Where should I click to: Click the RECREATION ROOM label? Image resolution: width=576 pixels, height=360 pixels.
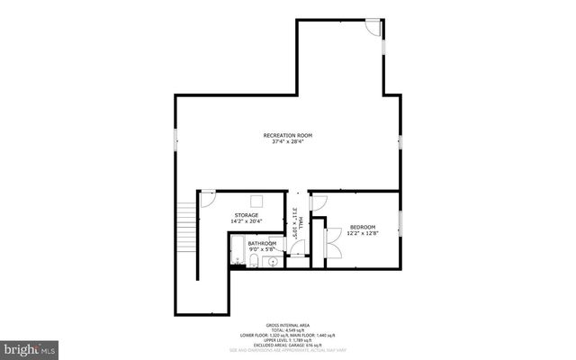pyautogui.click(x=288, y=135)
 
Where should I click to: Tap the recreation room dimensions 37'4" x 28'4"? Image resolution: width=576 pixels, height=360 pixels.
pyautogui.click(x=288, y=141)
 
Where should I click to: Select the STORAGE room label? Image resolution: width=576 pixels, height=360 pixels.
pyautogui.click(x=247, y=215)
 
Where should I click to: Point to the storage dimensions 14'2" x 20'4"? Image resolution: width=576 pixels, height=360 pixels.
pyautogui.click(x=247, y=221)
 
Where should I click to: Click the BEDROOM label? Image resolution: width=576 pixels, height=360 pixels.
pyautogui.click(x=363, y=227)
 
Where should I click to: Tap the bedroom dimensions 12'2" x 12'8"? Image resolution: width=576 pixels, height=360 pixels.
pyautogui.click(x=363, y=233)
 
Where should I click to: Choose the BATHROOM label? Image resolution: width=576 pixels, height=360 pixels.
pyautogui.click(x=262, y=243)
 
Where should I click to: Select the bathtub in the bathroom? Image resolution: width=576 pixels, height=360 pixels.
pyautogui.click(x=237, y=252)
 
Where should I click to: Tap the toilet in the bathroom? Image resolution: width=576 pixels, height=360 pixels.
pyautogui.click(x=255, y=262)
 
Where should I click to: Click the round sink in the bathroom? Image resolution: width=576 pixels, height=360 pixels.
pyautogui.click(x=275, y=262)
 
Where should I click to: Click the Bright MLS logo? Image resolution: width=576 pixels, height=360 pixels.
pyautogui.click(x=29, y=347)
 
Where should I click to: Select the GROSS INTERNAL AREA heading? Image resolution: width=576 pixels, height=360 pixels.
pyautogui.click(x=288, y=324)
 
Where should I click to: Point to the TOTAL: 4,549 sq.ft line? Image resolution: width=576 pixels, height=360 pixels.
pyautogui.click(x=288, y=329)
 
